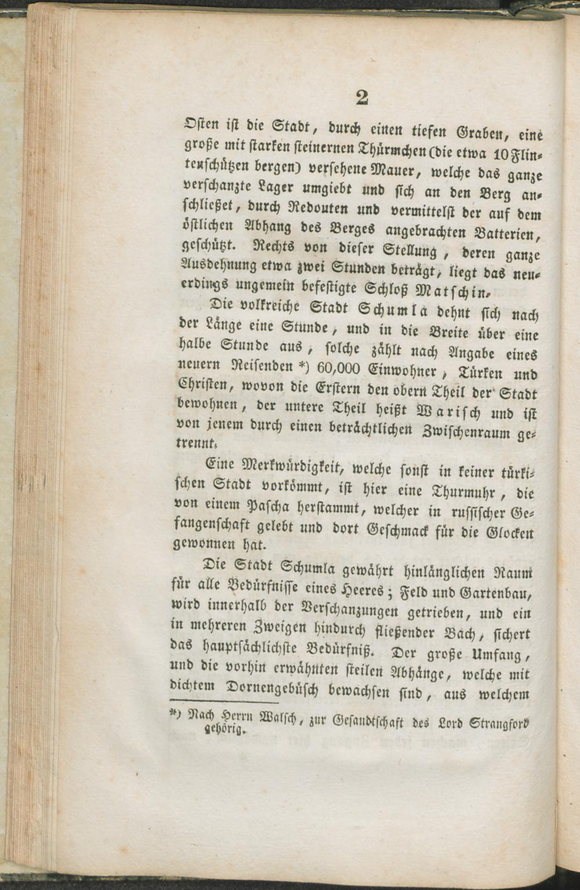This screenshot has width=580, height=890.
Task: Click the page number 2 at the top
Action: click(362, 97)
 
